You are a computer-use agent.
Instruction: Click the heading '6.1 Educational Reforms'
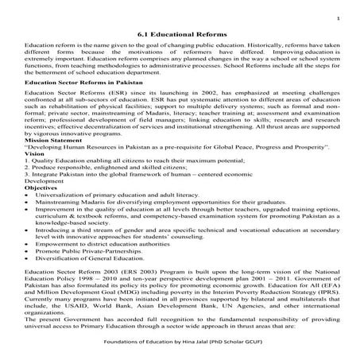pyautogui.click(x=180, y=35)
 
